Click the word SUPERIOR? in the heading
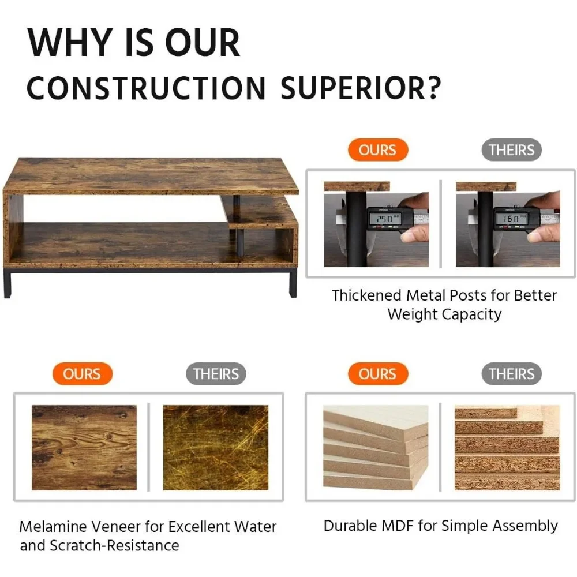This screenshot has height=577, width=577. [x=361, y=88]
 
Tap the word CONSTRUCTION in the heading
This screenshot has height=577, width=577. [x=146, y=88]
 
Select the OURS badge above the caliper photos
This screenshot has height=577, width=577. [x=378, y=150]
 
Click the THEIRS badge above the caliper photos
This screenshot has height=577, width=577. [x=511, y=150]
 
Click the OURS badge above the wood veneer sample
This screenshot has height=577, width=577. [x=82, y=374]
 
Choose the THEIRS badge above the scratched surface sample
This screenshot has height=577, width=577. [x=216, y=374]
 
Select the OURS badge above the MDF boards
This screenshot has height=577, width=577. [x=378, y=374]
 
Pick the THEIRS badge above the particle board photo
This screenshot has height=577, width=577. [x=511, y=374]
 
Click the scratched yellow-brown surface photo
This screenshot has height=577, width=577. [x=216, y=448]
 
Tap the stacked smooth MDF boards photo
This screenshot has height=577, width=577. [x=376, y=448]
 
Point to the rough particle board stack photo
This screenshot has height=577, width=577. [x=507, y=448]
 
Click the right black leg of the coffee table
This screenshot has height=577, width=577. [x=293, y=283]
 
